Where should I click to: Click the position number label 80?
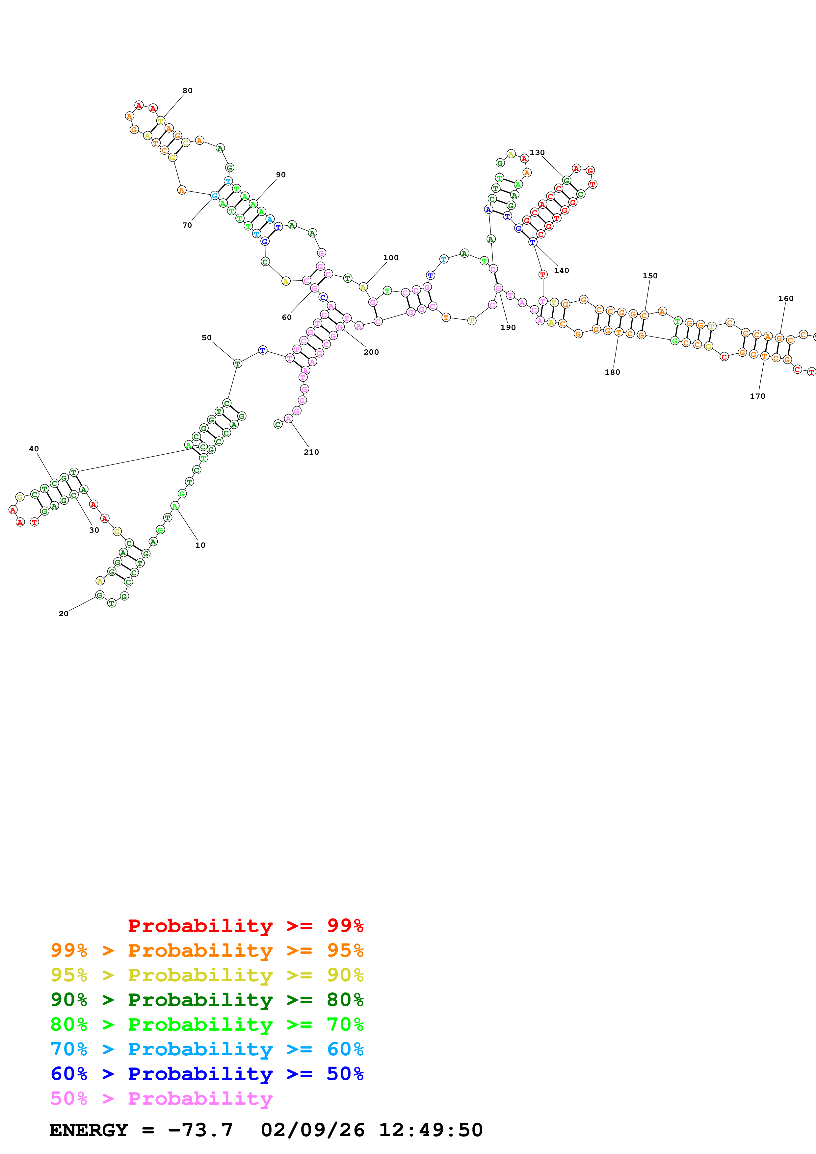click(188, 90)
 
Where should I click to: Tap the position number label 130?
click(537, 152)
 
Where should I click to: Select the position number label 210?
click(311, 452)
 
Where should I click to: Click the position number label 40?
click(34, 449)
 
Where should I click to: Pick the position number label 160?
click(786, 299)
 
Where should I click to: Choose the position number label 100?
click(391, 258)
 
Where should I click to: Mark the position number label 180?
click(612, 372)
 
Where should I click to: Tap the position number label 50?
click(207, 338)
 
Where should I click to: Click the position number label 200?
click(371, 352)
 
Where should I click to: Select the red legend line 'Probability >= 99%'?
click(245, 926)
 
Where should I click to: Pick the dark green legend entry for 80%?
click(207, 1000)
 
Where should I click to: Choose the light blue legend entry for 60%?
click(207, 1049)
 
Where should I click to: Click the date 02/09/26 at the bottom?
click(312, 1130)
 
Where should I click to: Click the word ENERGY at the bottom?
click(89, 1130)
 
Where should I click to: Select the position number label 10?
click(200, 545)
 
